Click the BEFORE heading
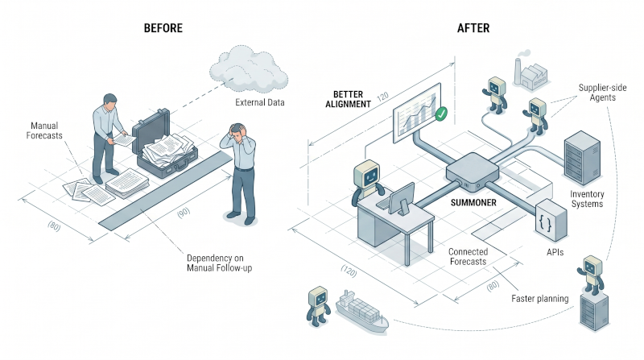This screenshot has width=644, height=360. tap(163, 28)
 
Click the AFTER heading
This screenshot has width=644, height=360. tap(473, 28)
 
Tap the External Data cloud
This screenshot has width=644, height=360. tap(248, 69)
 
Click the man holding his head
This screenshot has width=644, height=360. tap(239, 172)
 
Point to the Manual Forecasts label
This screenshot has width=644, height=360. tap(44, 130)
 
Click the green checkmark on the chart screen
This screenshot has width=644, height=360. tap(441, 114)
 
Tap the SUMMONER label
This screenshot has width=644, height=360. tap(473, 203)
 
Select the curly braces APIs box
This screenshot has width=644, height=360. tap(551, 221)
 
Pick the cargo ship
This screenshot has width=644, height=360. tap(361, 311)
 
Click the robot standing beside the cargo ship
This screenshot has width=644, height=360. tap(318, 306)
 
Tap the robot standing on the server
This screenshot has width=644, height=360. tap(592, 275)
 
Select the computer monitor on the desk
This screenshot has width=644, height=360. tap(401, 199)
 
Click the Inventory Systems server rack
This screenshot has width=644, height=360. tap(582, 157)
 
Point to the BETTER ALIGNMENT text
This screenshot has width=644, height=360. tap(349, 99)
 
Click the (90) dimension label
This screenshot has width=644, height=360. tap(184, 213)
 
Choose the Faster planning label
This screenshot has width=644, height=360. tap(539, 299)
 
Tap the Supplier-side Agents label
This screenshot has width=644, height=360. tap(602, 93)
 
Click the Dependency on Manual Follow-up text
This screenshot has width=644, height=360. tap(219, 263)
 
